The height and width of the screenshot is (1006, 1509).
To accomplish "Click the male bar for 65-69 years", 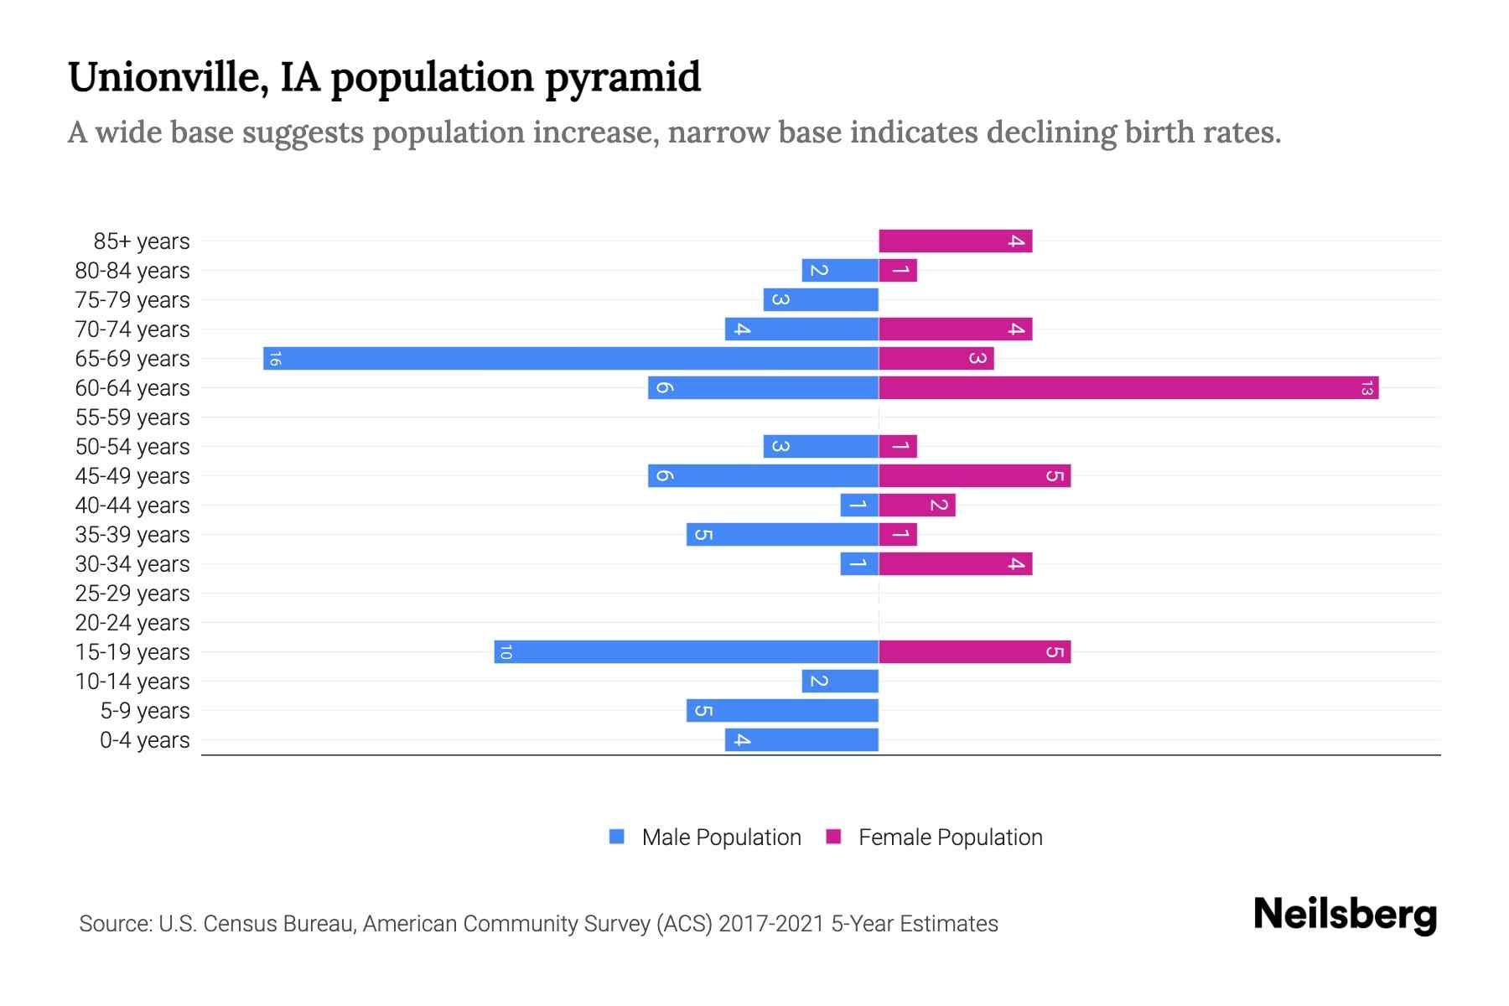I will pos(570,359).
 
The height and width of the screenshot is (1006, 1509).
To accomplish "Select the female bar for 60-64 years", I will pos(1128,388).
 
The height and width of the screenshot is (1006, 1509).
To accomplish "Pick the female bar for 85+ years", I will pos(955,241).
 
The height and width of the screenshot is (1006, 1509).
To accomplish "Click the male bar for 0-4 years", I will pos(801,740).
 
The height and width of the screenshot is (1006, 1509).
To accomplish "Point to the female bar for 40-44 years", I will pos(916,506).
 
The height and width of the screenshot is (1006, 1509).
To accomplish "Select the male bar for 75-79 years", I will pos(821,300).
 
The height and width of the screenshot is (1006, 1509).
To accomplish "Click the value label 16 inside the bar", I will pos(274,359).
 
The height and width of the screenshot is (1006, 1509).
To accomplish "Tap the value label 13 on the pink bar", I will pos(1366,388).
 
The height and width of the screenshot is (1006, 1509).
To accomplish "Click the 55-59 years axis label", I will pos(132,417).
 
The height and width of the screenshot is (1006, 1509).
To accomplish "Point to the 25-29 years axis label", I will pos(132,594).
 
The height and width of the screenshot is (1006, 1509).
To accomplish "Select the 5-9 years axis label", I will pos(144,711).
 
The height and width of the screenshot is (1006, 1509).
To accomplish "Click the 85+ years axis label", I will pos(141,241).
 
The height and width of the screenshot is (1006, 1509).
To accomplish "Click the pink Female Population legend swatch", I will pos(833,837).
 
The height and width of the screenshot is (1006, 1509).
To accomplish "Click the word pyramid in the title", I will pos(623,78).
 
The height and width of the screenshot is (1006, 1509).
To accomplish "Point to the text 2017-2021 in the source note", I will pos(771,924).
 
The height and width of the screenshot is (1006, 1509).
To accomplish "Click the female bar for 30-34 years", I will pos(955,564).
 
